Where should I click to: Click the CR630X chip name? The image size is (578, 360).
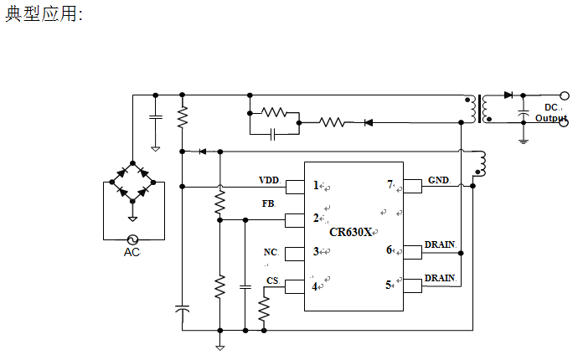click(350, 232)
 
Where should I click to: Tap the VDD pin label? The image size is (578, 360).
click(269, 180)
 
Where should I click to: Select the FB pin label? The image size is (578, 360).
click(268, 203)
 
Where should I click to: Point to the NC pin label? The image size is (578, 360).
click(271, 252)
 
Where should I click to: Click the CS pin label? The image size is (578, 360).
click(272, 280)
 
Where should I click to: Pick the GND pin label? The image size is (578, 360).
click(438, 180)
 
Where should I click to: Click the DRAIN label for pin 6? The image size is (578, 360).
click(440, 244)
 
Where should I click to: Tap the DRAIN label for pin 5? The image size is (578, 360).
click(440, 278)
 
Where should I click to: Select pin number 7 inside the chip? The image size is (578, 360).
click(390, 184)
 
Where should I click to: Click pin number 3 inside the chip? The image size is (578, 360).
click(316, 251)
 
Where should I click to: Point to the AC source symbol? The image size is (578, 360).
click(132, 240)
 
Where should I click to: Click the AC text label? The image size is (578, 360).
click(132, 252)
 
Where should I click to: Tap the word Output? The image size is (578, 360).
click(550, 118)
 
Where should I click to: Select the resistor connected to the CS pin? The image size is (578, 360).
click(264, 309)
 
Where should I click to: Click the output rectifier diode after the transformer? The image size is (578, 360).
click(508, 95)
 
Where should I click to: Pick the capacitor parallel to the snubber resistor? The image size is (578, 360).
click(273, 134)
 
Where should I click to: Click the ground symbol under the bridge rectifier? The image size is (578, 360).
click(132, 219)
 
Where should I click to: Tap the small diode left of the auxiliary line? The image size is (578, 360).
click(203, 152)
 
